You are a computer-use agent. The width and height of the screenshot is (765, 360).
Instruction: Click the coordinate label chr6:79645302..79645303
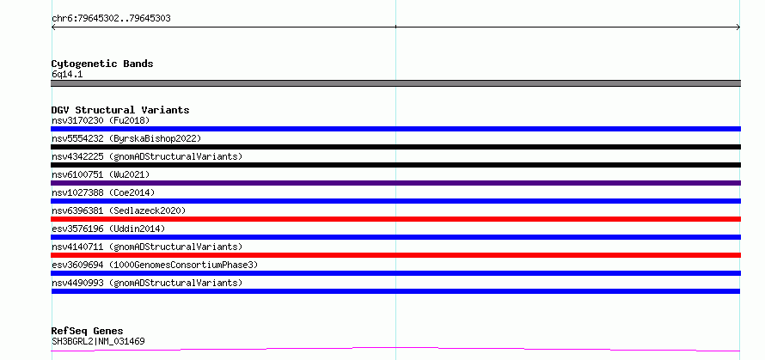(x=111, y=19)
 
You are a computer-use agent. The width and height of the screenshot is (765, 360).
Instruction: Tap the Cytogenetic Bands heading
(x=102, y=64)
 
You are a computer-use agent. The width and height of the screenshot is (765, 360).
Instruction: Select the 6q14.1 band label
(x=67, y=75)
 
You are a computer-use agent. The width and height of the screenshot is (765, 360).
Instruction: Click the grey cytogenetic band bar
(x=395, y=83)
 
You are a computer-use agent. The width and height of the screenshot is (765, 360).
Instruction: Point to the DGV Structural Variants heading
(x=120, y=110)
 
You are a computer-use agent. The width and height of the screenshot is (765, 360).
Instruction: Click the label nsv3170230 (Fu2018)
(x=101, y=120)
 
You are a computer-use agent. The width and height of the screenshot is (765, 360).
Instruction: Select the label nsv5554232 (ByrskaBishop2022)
(x=126, y=138)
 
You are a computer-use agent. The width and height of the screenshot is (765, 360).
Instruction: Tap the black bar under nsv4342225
(x=395, y=165)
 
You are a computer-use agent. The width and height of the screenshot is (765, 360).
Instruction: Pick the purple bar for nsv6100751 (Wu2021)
(x=395, y=183)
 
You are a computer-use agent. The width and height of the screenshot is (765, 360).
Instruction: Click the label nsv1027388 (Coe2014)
(x=103, y=192)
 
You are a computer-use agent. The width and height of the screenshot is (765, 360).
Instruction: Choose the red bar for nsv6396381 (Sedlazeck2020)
(x=395, y=219)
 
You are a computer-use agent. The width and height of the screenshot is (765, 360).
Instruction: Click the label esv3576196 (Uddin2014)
(x=108, y=229)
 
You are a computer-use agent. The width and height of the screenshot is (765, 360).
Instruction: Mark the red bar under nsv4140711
(x=395, y=255)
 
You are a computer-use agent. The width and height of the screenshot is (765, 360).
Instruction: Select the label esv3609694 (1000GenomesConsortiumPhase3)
(x=155, y=265)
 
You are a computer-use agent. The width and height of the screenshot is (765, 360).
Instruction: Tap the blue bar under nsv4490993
(x=395, y=291)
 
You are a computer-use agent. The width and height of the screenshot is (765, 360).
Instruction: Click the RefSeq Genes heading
(x=88, y=332)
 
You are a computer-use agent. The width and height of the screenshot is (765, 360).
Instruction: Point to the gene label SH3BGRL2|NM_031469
(x=98, y=341)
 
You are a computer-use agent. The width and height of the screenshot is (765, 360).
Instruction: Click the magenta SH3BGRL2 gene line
(x=395, y=348)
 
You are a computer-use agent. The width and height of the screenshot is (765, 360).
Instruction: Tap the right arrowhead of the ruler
(x=738, y=27)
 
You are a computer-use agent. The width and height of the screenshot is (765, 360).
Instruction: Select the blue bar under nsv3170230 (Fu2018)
(x=395, y=129)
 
